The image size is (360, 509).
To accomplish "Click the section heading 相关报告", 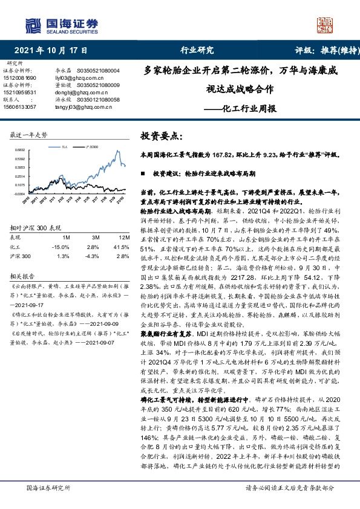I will pos(21,276).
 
